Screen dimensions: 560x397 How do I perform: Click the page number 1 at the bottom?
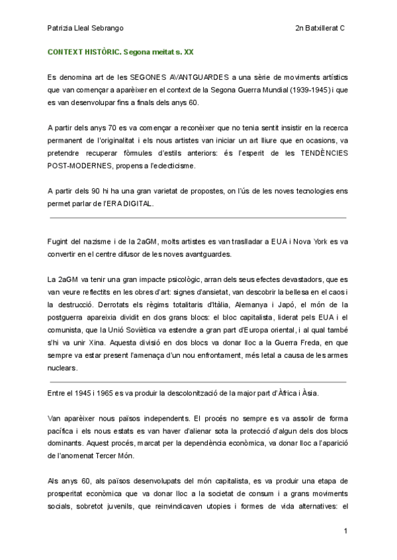(x=345, y=530)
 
